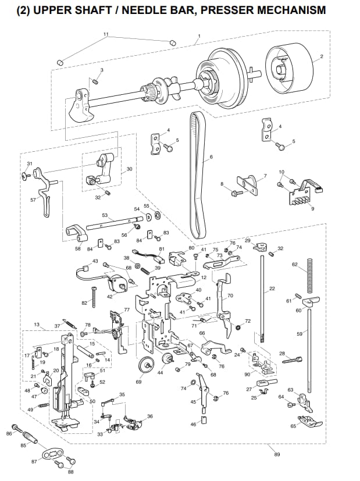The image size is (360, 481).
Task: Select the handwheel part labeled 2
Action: pyautogui.click(x=290, y=67)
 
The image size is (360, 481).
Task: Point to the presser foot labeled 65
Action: pyautogui.click(x=310, y=422)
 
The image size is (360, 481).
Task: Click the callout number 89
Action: pyautogui.click(x=277, y=454)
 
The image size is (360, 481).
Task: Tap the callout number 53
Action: pyautogui.click(x=105, y=215)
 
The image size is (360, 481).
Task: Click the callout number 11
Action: pyautogui.click(x=106, y=34)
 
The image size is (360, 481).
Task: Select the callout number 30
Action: pyautogui.click(x=130, y=169)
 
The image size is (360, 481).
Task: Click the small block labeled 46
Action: pyautogui.click(x=204, y=419)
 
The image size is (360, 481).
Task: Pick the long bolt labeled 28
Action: pyautogui.click(x=291, y=360)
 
